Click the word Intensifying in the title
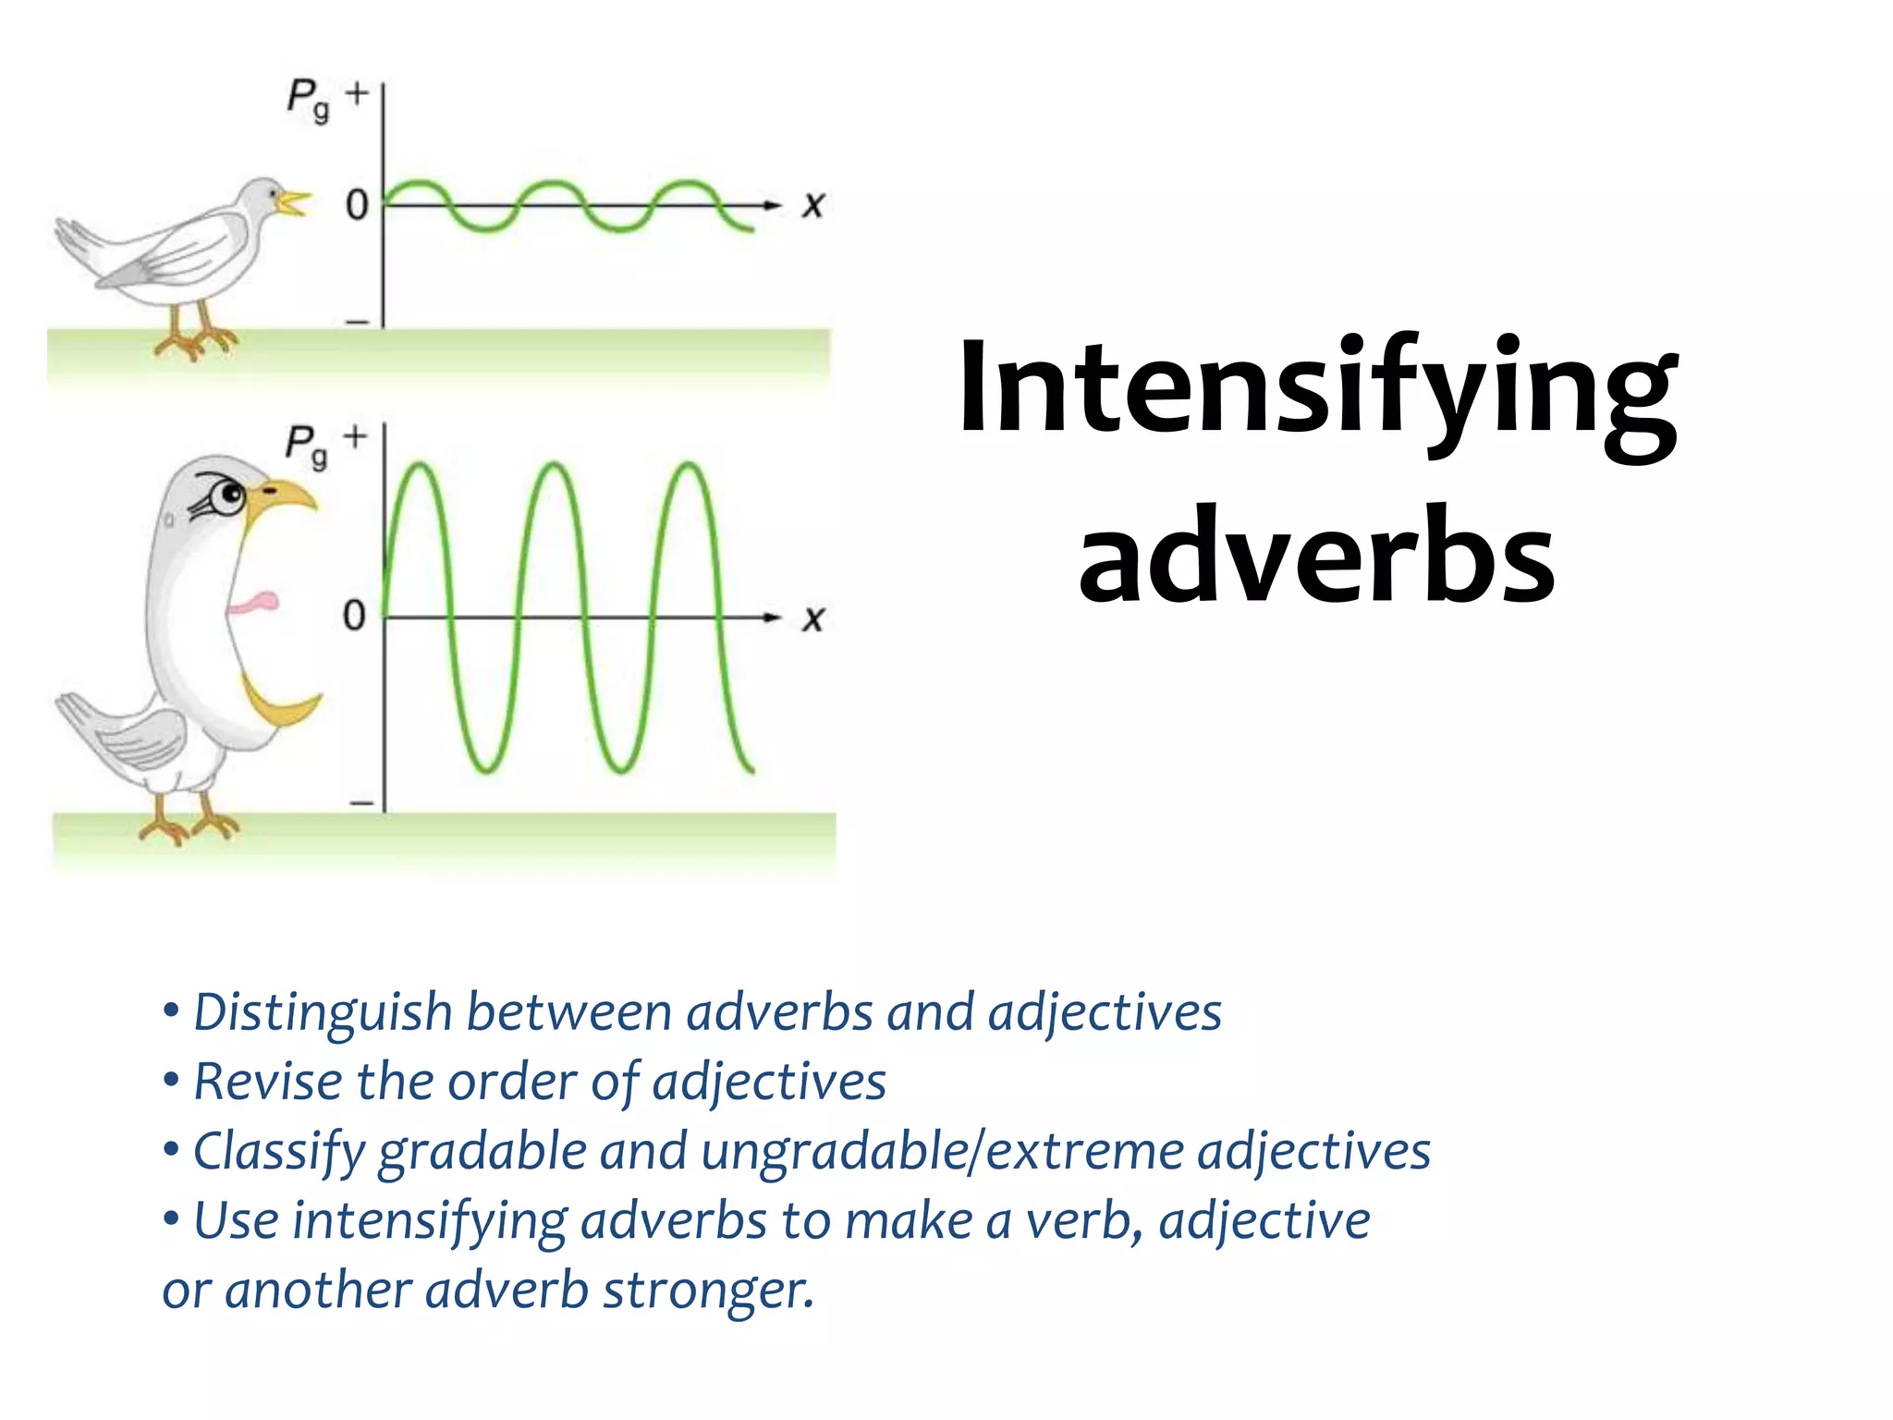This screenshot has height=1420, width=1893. point(1317,388)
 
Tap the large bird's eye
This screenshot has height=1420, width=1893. point(226,497)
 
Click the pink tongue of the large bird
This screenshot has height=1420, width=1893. point(253,604)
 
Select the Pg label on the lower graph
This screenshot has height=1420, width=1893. point(306,446)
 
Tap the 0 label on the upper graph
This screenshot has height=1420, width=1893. point(357,204)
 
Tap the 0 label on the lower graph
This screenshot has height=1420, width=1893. point(354,616)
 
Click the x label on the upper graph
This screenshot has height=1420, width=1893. point(812,204)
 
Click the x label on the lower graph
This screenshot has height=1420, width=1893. point(812,618)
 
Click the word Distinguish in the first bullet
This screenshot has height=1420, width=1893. point(323,1012)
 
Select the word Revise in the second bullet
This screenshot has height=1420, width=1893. point(268,1082)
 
